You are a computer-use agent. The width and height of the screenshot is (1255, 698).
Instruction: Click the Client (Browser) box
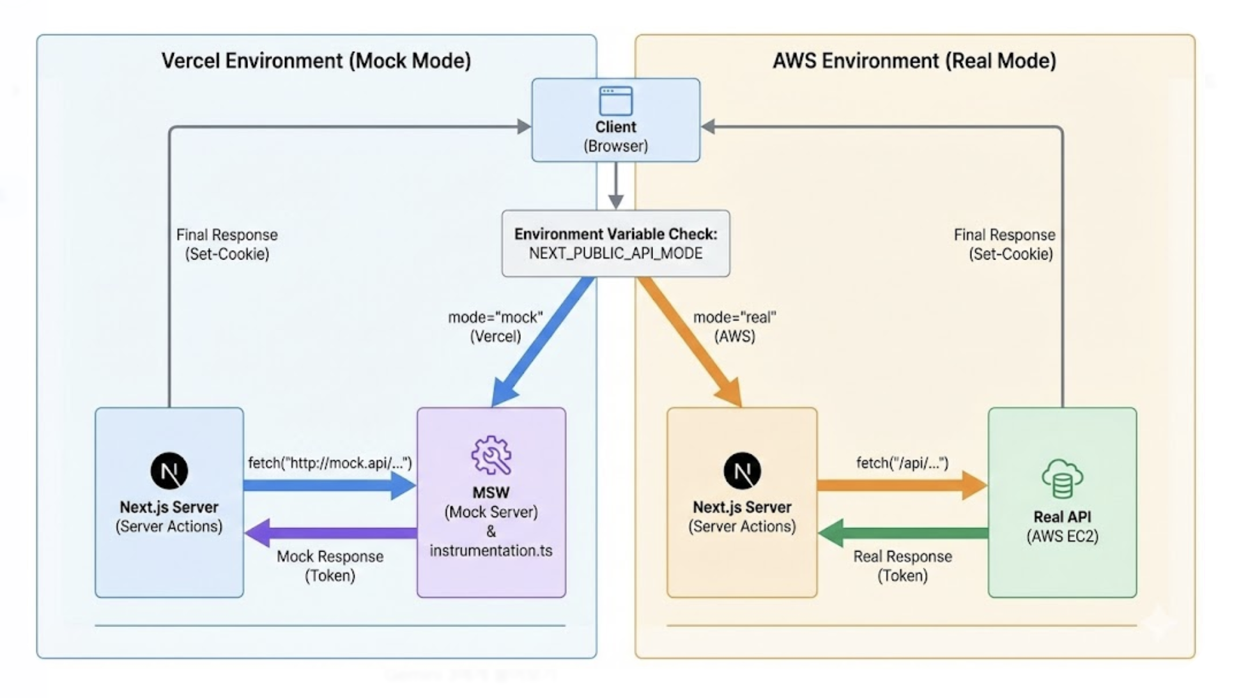(x=615, y=120)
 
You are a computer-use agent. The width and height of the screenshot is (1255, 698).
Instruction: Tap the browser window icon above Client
(x=615, y=101)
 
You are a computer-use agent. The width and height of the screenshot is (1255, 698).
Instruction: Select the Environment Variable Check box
(x=615, y=243)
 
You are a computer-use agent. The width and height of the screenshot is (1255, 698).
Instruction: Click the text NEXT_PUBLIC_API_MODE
(x=615, y=254)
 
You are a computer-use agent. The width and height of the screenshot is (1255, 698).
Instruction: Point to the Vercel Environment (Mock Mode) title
(x=316, y=61)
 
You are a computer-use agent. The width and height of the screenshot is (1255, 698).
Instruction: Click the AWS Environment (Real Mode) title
(x=914, y=61)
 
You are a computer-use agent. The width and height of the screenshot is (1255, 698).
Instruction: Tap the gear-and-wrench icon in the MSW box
(x=491, y=455)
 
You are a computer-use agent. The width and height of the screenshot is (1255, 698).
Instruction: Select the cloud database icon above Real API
(x=1062, y=478)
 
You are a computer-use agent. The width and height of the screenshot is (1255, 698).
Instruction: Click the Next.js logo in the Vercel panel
(x=169, y=471)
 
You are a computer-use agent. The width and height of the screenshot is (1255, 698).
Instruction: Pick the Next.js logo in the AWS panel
(x=742, y=471)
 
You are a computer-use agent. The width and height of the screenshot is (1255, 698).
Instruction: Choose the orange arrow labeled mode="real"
(x=690, y=342)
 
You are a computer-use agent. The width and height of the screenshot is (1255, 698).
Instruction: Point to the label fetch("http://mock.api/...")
(x=330, y=463)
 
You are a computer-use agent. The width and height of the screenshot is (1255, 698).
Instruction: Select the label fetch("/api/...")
(x=902, y=463)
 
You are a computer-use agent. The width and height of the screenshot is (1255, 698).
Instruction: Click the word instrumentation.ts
(x=491, y=550)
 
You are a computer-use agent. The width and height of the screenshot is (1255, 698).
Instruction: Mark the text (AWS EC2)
(x=1062, y=536)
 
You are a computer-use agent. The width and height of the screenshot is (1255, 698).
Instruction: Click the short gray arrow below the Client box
(x=615, y=185)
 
